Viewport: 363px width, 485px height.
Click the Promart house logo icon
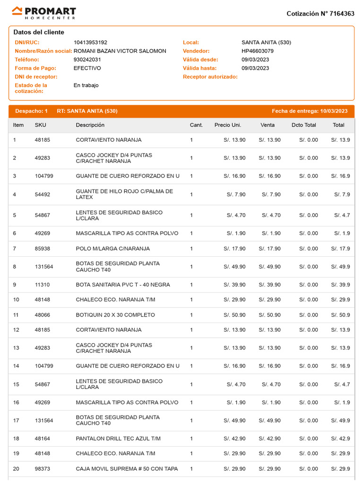click(x=17, y=11)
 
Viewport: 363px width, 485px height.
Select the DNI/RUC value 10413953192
click(x=90, y=43)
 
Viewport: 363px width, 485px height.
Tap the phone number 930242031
click(x=87, y=60)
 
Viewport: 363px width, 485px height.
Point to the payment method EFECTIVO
click(x=87, y=68)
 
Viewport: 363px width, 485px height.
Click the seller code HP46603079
click(x=257, y=51)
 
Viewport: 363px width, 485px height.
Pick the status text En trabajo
click(x=86, y=85)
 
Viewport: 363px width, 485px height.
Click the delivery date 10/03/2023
click(x=334, y=111)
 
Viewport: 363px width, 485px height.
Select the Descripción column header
click(x=90, y=125)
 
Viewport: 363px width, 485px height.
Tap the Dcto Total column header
click(x=304, y=125)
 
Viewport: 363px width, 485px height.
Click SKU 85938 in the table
click(x=43, y=249)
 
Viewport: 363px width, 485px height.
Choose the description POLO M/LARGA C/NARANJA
click(x=112, y=249)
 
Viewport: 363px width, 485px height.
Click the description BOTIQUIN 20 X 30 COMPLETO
click(x=115, y=315)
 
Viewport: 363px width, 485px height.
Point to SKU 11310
click(x=42, y=285)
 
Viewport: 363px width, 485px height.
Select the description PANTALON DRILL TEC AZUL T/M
click(x=118, y=439)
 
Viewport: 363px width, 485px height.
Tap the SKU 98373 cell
click(x=43, y=469)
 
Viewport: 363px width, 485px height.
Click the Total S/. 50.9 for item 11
click(x=340, y=315)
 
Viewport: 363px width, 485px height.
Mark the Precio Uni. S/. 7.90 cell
click(x=236, y=195)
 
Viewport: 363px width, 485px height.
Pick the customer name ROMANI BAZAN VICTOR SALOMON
click(x=120, y=51)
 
